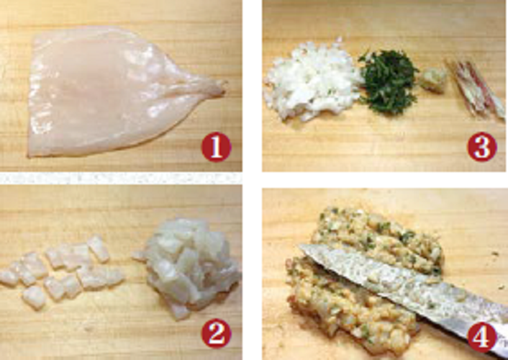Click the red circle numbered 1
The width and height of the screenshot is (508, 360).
[x=216, y=148]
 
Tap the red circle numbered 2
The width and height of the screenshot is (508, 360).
[x=216, y=333]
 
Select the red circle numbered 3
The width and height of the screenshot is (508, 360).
[x=482, y=147]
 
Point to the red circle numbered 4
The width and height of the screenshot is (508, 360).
[x=482, y=337]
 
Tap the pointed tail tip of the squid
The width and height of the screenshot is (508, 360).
[x=224, y=85]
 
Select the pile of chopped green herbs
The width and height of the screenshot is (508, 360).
[x=388, y=82]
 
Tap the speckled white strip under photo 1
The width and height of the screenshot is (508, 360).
[x=120, y=178]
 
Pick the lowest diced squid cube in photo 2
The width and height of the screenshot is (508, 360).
[x=35, y=297]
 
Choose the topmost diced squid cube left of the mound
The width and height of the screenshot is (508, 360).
[x=99, y=248]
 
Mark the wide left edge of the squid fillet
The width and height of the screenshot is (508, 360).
[x=32, y=97]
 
